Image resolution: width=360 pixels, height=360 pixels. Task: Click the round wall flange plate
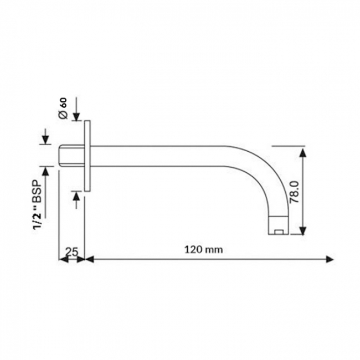pos(87,155)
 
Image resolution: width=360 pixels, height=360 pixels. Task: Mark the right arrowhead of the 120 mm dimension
pos(330,259)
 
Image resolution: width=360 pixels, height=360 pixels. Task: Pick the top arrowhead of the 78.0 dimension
pos(302,152)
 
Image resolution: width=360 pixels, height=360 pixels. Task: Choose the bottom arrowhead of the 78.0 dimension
pos(302,231)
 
